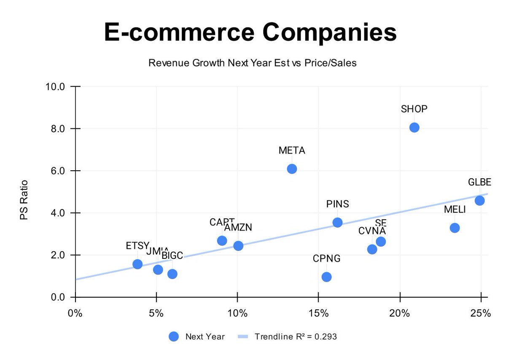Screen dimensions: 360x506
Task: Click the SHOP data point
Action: coord(414,127)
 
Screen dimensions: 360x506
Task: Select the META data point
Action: coord(292,169)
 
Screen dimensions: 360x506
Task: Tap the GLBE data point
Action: coord(479,200)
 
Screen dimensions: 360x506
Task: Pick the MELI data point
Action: coord(455,228)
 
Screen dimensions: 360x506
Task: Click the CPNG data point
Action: coord(326,277)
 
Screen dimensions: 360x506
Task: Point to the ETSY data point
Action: coord(137,264)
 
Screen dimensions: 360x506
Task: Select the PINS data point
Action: coord(337,222)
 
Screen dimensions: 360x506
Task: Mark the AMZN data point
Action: coord(238,245)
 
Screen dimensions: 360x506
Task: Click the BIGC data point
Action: coord(172,274)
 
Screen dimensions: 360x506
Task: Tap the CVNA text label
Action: coord(372,231)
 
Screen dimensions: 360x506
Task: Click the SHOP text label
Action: coord(414,109)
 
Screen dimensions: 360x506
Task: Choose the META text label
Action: coord(292,150)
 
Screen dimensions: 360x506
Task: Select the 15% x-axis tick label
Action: coord(318,314)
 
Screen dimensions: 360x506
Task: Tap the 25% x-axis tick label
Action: coord(481,314)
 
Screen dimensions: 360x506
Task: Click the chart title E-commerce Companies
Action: coord(250,33)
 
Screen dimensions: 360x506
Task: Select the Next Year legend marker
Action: coord(174,336)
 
